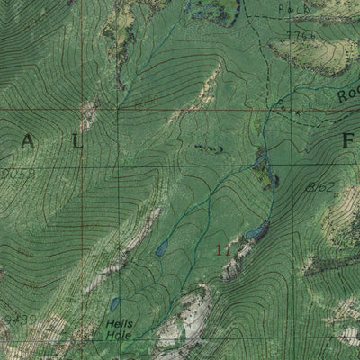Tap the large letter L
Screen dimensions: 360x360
click(x=78, y=141)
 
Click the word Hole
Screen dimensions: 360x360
click(x=118, y=335)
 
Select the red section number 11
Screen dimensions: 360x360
click(x=224, y=251)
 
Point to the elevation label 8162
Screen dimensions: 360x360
click(x=320, y=187)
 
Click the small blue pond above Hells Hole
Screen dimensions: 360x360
click(x=115, y=304)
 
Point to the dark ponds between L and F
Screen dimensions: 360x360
click(x=208, y=147)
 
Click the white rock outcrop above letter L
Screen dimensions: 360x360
click(x=87, y=113)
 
